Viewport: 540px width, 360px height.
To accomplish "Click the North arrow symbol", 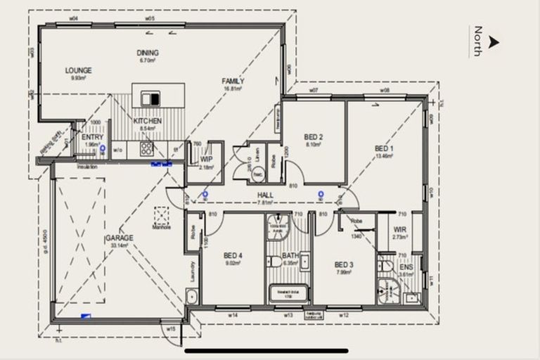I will pos(493,42).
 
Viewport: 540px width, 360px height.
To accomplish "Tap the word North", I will pos(478,41).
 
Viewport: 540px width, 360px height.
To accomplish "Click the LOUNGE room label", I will pos(78,70).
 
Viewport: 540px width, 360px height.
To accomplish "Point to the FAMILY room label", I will pos(233,81).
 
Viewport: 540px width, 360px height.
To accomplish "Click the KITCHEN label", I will pos(148,121).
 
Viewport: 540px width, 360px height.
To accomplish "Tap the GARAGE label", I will pos(120,238).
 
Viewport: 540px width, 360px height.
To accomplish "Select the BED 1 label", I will pos(384,148).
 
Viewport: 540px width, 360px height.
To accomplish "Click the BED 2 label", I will pos(314,136).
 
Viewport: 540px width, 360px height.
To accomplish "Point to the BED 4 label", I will pos(233,257).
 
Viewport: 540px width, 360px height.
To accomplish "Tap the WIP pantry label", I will pos(205,159).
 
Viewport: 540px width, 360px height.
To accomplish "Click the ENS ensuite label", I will pos(406,268).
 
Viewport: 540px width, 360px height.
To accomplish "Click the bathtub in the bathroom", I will pos(288,292).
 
